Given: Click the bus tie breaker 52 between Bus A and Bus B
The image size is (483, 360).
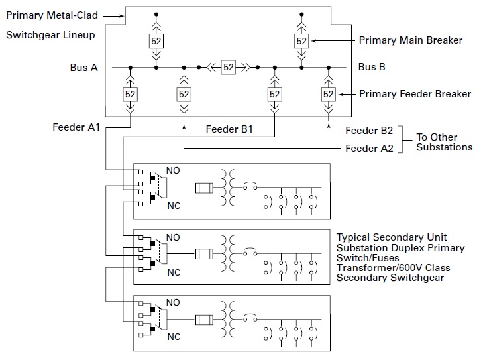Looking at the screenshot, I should pos(229,67).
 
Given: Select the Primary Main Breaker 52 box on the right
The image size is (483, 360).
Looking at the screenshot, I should pos(301,41).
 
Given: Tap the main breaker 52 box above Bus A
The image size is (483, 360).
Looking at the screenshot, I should pos(156,41).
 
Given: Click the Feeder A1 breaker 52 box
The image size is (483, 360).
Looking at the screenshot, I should pos(130,94).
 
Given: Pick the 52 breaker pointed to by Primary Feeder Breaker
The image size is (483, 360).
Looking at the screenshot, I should pos(328,94).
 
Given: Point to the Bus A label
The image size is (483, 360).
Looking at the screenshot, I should pos(84,67).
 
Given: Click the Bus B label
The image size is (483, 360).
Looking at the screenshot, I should pos(372,67).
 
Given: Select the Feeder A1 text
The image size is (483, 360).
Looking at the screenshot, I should pos(76,127).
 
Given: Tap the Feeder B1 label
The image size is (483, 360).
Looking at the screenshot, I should pos(229,129).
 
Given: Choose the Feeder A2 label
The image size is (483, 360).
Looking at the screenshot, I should pos(369,149).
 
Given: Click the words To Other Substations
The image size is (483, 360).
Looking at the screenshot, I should pos(444,142).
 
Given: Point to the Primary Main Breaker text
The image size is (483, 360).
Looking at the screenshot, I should pos(410,40).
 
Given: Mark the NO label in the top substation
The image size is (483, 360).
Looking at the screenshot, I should pos(173,170).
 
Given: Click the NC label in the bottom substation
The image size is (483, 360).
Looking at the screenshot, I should pos(174,337).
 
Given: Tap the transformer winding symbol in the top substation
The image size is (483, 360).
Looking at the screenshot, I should pos(230,188).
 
